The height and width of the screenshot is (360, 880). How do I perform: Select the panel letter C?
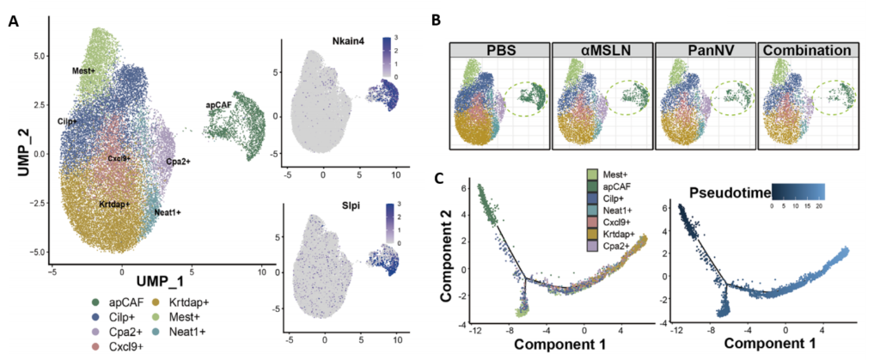click(x=442, y=178)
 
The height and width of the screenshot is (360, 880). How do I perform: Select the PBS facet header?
click(x=499, y=51)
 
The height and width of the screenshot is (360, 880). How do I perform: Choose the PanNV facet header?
click(x=706, y=51)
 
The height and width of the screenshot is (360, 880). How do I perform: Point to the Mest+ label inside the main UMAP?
click(x=83, y=71)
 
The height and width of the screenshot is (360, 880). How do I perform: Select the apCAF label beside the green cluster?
click(x=219, y=105)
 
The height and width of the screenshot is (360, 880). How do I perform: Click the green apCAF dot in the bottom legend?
click(x=96, y=302)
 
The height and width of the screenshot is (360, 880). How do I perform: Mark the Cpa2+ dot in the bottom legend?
click(x=96, y=332)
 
